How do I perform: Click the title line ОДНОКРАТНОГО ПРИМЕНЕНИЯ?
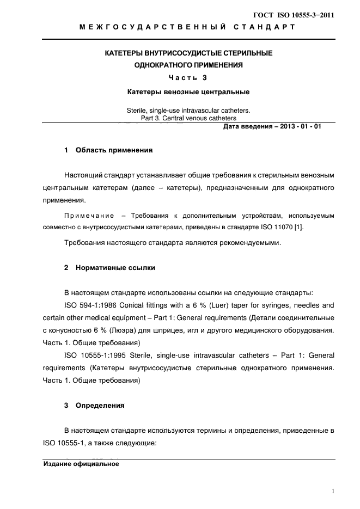188,65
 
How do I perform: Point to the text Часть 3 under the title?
188,78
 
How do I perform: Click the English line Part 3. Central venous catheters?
188,118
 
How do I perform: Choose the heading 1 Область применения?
108,150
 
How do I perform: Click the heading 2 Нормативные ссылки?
109,268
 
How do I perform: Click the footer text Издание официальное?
81,464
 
